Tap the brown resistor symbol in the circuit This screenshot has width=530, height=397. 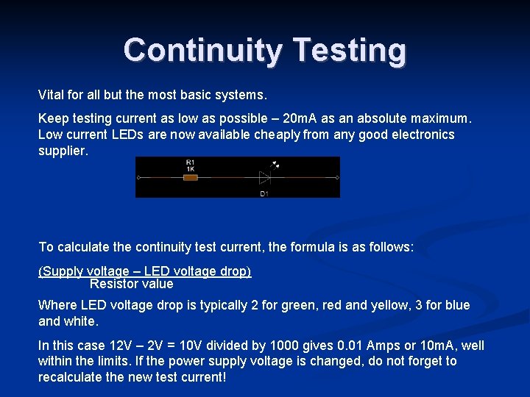[x=190, y=178]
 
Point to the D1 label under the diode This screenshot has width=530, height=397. [x=264, y=193]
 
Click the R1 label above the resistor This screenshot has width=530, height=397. [x=190, y=161]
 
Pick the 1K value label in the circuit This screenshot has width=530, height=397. [x=190, y=168]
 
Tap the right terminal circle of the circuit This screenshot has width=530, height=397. [x=336, y=178]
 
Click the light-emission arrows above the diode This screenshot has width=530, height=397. [x=275, y=165]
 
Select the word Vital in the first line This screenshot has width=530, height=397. [x=52, y=95]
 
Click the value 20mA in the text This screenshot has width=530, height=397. [x=302, y=118]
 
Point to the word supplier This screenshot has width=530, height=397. [x=63, y=151]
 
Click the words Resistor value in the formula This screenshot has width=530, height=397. [x=131, y=284]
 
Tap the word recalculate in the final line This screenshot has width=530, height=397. [x=74, y=377]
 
